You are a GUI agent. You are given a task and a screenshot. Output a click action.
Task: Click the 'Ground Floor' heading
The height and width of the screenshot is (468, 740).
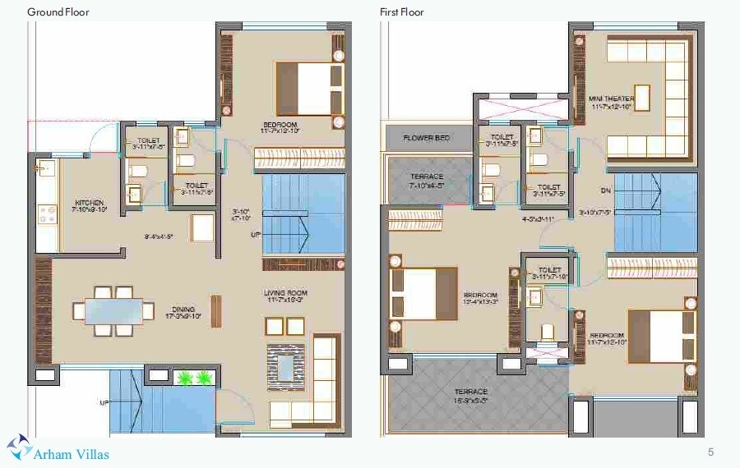click(58, 12)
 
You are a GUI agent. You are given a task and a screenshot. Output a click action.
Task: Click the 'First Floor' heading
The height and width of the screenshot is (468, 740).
click(402, 12)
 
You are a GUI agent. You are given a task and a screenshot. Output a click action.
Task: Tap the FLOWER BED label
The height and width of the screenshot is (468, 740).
click(427, 138)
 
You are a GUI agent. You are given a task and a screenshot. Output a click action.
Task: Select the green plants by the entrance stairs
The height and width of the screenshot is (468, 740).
click(195, 378)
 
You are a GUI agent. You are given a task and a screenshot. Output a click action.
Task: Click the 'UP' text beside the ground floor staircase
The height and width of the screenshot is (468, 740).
click(256, 235)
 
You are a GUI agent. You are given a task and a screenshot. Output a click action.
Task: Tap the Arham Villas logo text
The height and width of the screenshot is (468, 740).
click(72, 453)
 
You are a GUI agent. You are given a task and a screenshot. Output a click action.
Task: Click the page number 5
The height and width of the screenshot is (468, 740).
click(710, 452)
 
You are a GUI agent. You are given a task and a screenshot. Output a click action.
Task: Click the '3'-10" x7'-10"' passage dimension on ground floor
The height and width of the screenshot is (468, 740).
click(242, 214)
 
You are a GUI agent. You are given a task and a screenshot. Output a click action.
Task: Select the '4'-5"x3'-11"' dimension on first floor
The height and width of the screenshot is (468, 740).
click(539, 219)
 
